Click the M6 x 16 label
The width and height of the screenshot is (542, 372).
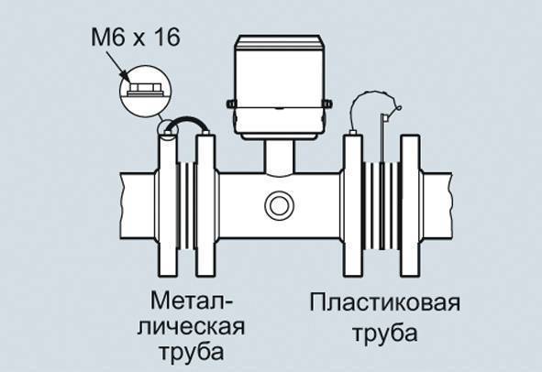click(x=135, y=38)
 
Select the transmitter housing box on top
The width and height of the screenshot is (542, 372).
click(x=279, y=86)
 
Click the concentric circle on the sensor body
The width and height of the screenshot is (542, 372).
click(x=279, y=205)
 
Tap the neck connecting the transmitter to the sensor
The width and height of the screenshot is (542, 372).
click(x=280, y=158)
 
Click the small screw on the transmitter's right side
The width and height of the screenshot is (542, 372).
click(x=326, y=103)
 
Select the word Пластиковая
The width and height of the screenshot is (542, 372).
click(x=385, y=303)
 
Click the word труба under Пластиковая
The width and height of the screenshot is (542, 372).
click(x=385, y=334)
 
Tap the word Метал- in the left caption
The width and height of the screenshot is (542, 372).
click(x=192, y=301)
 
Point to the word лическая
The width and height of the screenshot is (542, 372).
click(x=191, y=327)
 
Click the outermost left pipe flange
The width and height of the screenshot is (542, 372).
click(x=168, y=205)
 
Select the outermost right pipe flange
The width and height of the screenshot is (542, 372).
click(x=410, y=205)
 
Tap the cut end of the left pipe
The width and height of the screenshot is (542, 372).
click(x=121, y=205)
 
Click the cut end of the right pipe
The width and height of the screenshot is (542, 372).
click(x=450, y=205)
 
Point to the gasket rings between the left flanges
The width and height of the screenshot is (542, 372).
click(x=187, y=205)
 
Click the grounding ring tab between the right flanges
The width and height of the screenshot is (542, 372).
click(x=382, y=138)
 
